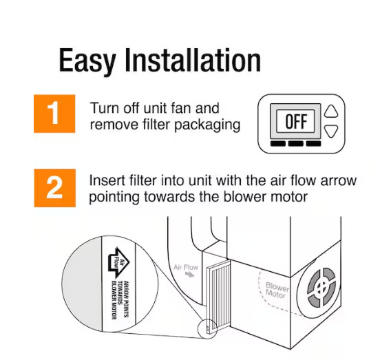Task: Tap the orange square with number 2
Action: coord(54,187)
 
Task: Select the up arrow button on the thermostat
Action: coord(332,112)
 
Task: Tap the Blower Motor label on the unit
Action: coord(277,290)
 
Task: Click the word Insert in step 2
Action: coord(104,182)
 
